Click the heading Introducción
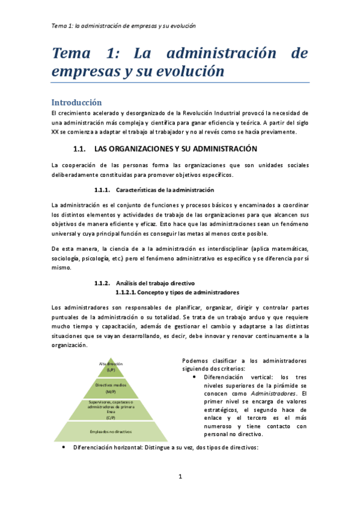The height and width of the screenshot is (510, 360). [x=76, y=102]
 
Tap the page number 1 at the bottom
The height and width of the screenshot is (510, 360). [x=180, y=477]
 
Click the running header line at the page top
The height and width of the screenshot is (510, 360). [x=124, y=26]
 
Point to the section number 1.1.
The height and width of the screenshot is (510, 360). [x=80, y=149]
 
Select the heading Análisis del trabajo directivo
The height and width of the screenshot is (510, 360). [x=154, y=283]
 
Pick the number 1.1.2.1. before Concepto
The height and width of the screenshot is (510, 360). [x=125, y=292]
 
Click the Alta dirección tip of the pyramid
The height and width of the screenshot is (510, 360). [x=111, y=367]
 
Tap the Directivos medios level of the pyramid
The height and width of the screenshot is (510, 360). [x=111, y=388]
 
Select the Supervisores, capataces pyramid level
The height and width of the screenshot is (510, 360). [x=111, y=410]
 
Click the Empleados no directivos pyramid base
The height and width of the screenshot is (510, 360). [x=111, y=431]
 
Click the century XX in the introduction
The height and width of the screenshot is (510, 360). [x=55, y=132]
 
